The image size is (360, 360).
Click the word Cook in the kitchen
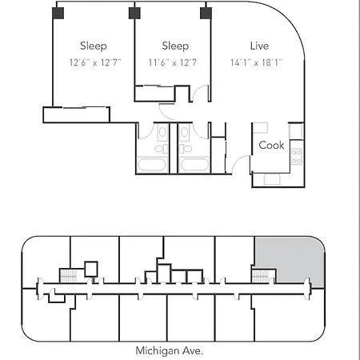271,145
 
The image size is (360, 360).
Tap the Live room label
259,46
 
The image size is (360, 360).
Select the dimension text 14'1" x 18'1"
256,62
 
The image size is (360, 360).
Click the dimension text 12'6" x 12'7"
95,62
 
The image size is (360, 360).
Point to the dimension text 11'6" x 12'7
173,62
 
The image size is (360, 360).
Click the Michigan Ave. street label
169,350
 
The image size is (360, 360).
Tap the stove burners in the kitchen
296,157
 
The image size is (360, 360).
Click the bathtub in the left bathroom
152,164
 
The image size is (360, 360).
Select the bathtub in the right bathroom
194,164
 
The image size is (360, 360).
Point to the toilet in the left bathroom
161,149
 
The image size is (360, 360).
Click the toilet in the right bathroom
186,149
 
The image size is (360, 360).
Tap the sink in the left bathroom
162,132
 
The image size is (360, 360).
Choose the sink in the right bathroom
184,132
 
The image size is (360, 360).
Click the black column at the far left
58,13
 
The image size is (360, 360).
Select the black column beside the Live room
206,13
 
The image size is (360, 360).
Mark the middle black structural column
134,13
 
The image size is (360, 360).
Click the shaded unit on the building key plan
290,260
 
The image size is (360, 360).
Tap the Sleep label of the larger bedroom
94,46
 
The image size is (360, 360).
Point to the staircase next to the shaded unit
261,276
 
